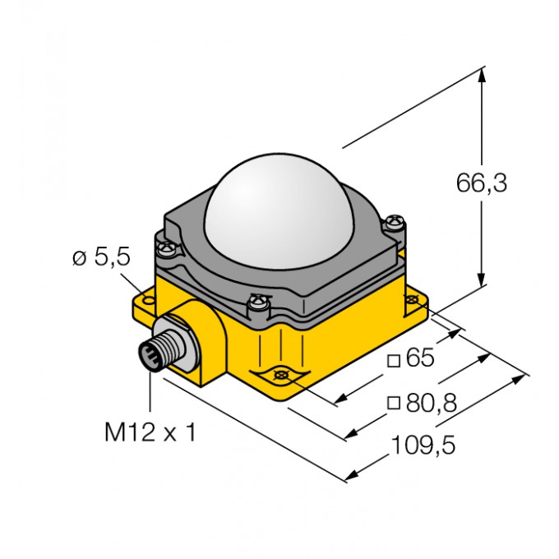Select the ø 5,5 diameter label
[x=101, y=258]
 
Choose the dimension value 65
[x=419, y=359]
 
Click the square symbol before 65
[x=394, y=360]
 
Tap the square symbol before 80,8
[x=394, y=403]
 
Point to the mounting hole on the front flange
[x=281, y=375]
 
